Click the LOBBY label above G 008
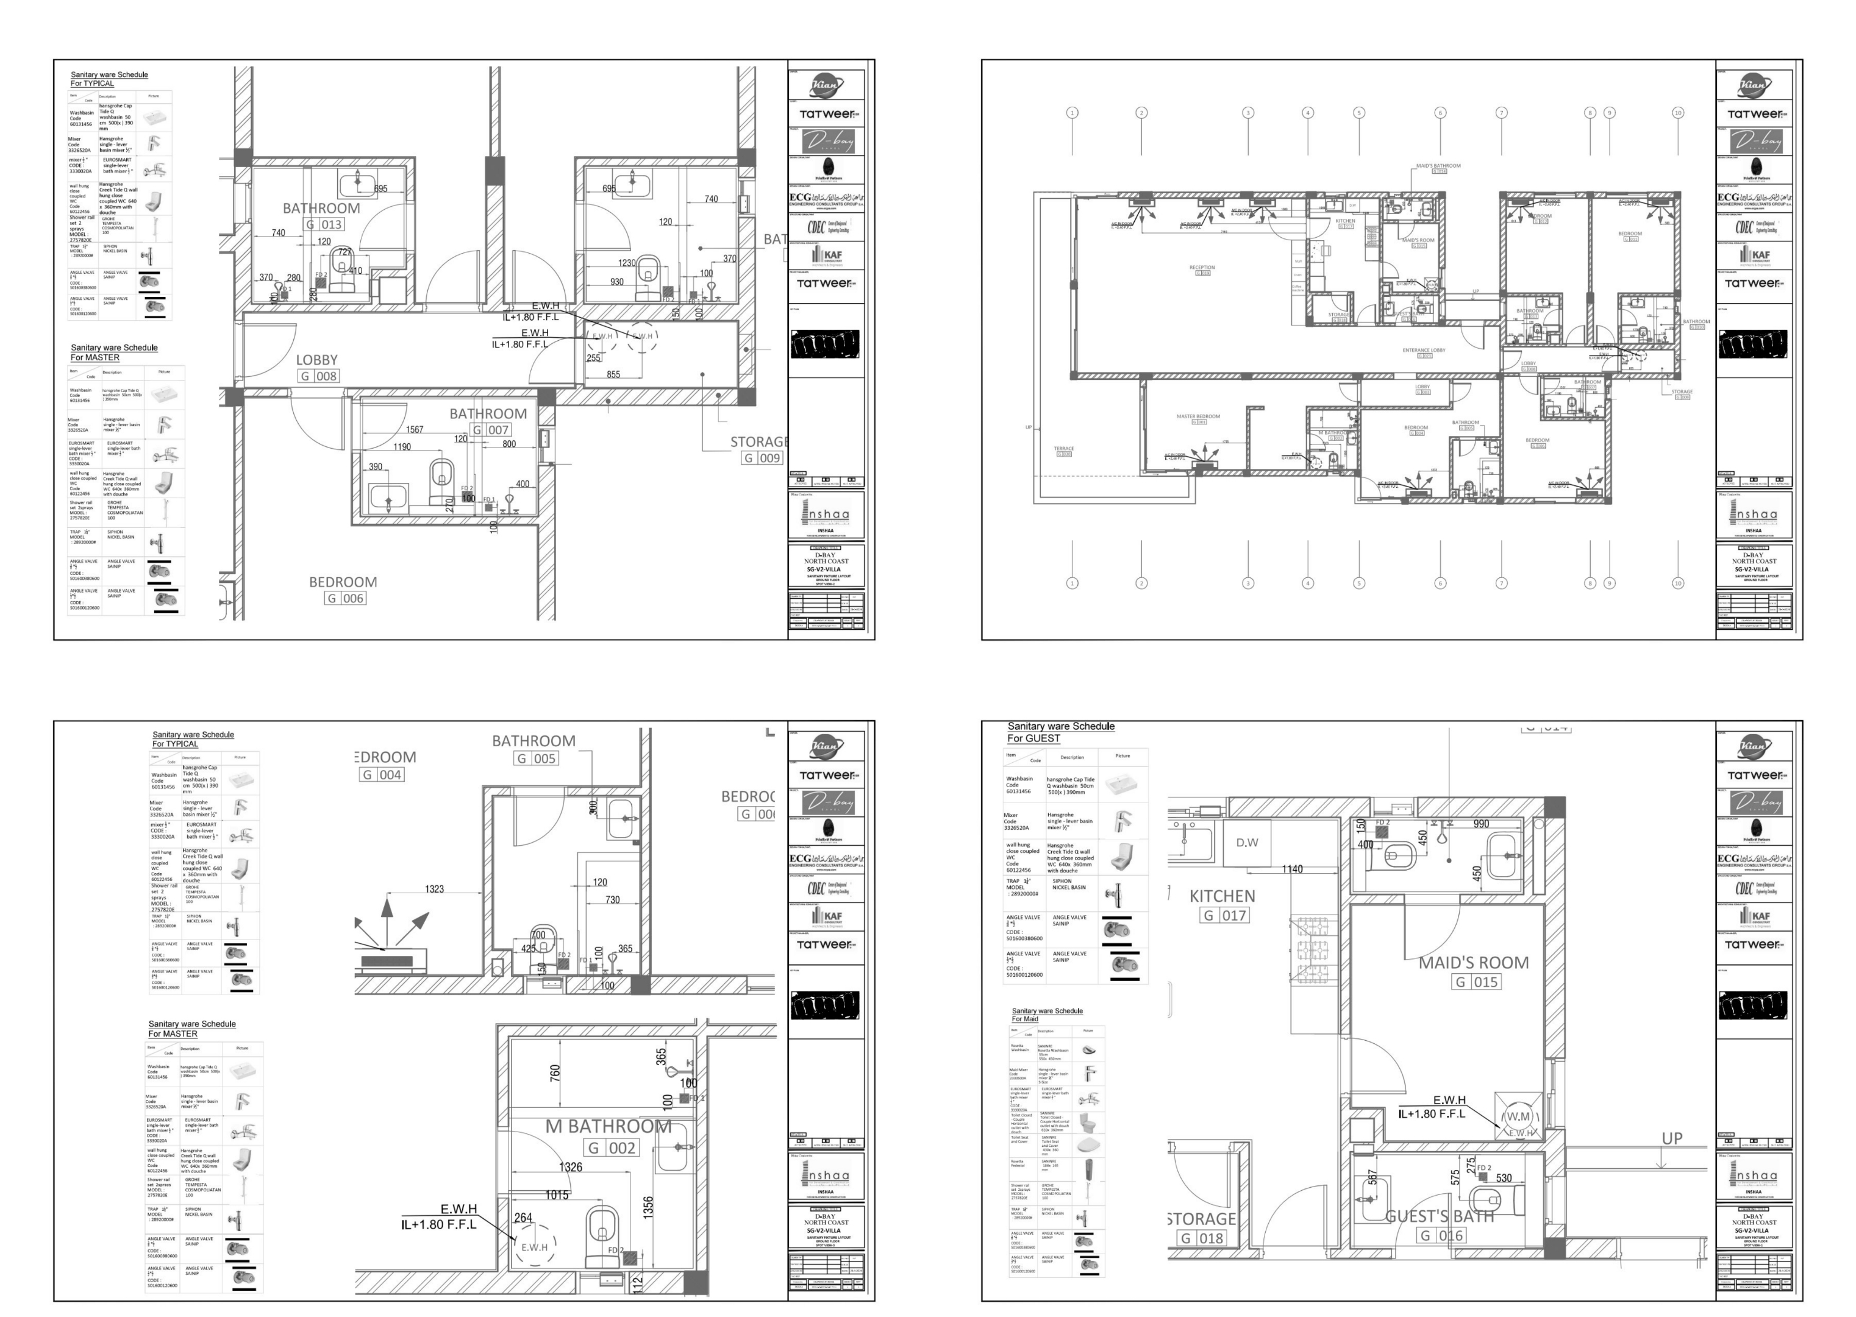point(316,359)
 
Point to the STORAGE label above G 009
point(758,442)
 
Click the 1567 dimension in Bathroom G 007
point(415,429)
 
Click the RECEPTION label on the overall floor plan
point(1202,267)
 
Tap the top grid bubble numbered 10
point(1677,113)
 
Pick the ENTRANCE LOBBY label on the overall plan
point(1424,351)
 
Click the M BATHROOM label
point(608,1126)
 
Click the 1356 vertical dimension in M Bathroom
point(648,1206)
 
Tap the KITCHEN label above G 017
point(1222,896)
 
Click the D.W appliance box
point(1246,843)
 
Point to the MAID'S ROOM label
point(1473,963)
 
